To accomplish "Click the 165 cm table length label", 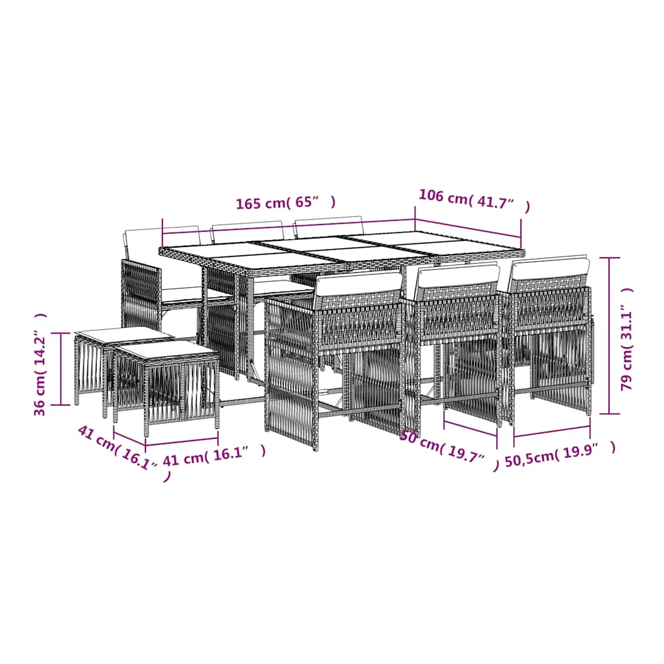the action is pyautogui.click(x=286, y=202).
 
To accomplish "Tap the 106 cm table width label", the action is pyautogui.click(x=474, y=201).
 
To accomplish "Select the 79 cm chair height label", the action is pyautogui.click(x=627, y=339).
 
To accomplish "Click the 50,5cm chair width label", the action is pyautogui.click(x=560, y=454).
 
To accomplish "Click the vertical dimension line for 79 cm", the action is pyautogui.click(x=609, y=336).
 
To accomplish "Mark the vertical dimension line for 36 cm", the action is pyautogui.click(x=62, y=369).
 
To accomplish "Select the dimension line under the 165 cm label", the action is pyautogui.click(x=289, y=226).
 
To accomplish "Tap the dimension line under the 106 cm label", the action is pyautogui.click(x=468, y=229).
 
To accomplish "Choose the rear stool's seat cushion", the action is pyautogui.click(x=124, y=336).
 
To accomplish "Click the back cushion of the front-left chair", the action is pyautogui.click(x=358, y=284).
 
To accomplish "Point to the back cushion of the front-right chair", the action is pyautogui.click(x=550, y=268).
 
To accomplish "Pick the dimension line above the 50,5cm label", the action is pyautogui.click(x=552, y=430).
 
